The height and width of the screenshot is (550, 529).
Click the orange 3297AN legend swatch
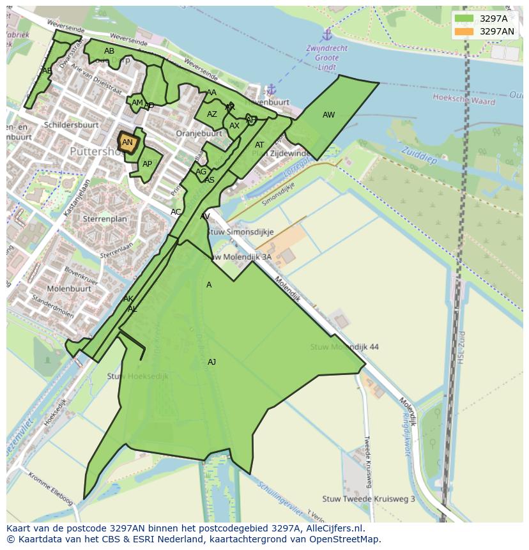(465, 31)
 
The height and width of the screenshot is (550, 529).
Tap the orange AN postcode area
(127, 142)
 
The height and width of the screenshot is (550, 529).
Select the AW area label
(328, 115)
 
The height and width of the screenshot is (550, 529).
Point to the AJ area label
(211, 362)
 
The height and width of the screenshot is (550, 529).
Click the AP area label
(147, 164)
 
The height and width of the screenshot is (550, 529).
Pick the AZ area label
(212, 114)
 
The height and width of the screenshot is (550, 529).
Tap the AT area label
(259, 145)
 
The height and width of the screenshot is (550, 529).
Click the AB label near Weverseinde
(109, 51)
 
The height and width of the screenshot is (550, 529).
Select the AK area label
(128, 299)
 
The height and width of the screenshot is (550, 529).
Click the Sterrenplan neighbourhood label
(105, 218)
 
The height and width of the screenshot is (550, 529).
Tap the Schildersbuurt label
(70, 125)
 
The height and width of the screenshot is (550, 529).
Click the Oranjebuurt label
(199, 134)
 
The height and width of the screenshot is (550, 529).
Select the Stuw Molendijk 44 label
(344, 347)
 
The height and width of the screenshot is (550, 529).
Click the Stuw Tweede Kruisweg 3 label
(369, 499)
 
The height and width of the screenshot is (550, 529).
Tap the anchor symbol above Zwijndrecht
(327, 34)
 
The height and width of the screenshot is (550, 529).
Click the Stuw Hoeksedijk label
(137, 376)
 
